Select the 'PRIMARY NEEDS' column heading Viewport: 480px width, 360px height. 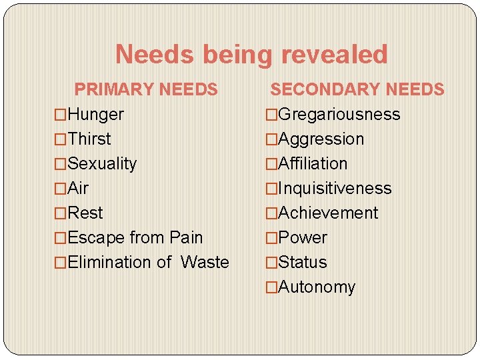pos(146,89)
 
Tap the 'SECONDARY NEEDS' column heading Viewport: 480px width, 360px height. pos(357,89)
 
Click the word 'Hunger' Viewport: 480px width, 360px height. pos(96,115)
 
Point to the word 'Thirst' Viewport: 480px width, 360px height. pos(89,139)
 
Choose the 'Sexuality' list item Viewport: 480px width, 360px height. pos(102,164)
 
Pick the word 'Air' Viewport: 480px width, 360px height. pos(78,189)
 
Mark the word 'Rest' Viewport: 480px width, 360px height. pos(85,213)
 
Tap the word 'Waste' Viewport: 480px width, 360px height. pos(205,263)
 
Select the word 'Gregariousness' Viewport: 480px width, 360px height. pos(339,115)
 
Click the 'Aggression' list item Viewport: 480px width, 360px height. pos(321,139)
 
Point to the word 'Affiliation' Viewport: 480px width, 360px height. pos(313,164)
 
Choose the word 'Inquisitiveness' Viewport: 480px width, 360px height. pos(335,189)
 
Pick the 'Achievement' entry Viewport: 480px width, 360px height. pos(327,213)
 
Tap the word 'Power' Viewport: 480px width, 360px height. pos(303,238)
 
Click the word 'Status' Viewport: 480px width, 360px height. pos(303,263)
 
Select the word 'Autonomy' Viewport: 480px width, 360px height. pos(317,287)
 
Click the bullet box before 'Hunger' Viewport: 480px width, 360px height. pos(61,115)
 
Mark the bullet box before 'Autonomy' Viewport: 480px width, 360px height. pos(271,287)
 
